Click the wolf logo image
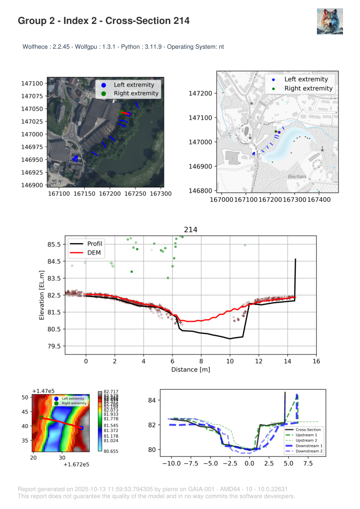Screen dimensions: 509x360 pos(330,21)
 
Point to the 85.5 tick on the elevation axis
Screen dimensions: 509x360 pos(54,244)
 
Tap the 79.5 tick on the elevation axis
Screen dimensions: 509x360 pos(54,346)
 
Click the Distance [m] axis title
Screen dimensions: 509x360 pos(190,370)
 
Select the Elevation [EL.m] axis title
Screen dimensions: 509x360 pos(42,295)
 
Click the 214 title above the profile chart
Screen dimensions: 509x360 pos(191,230)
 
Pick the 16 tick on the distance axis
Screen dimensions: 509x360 pos(316,361)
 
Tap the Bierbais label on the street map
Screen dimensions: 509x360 pos(297,177)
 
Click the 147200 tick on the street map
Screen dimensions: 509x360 pos(201,94)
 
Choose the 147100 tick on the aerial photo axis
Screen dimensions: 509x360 pos(33,84)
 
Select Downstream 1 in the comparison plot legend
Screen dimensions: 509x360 pos(309,446)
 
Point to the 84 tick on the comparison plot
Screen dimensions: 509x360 pos(152,400)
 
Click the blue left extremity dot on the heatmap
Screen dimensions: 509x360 pos(81,428)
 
